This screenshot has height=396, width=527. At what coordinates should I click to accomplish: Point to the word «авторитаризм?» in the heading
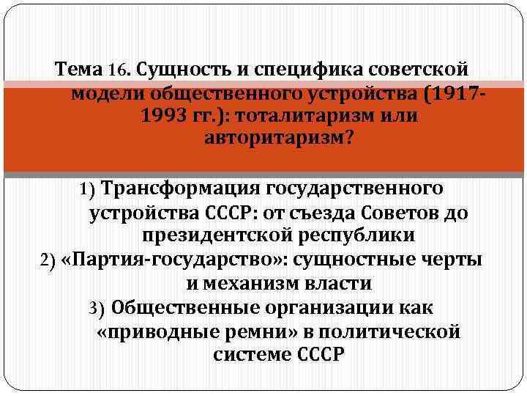[279, 139]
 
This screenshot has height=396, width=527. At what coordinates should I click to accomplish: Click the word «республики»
[359, 236]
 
